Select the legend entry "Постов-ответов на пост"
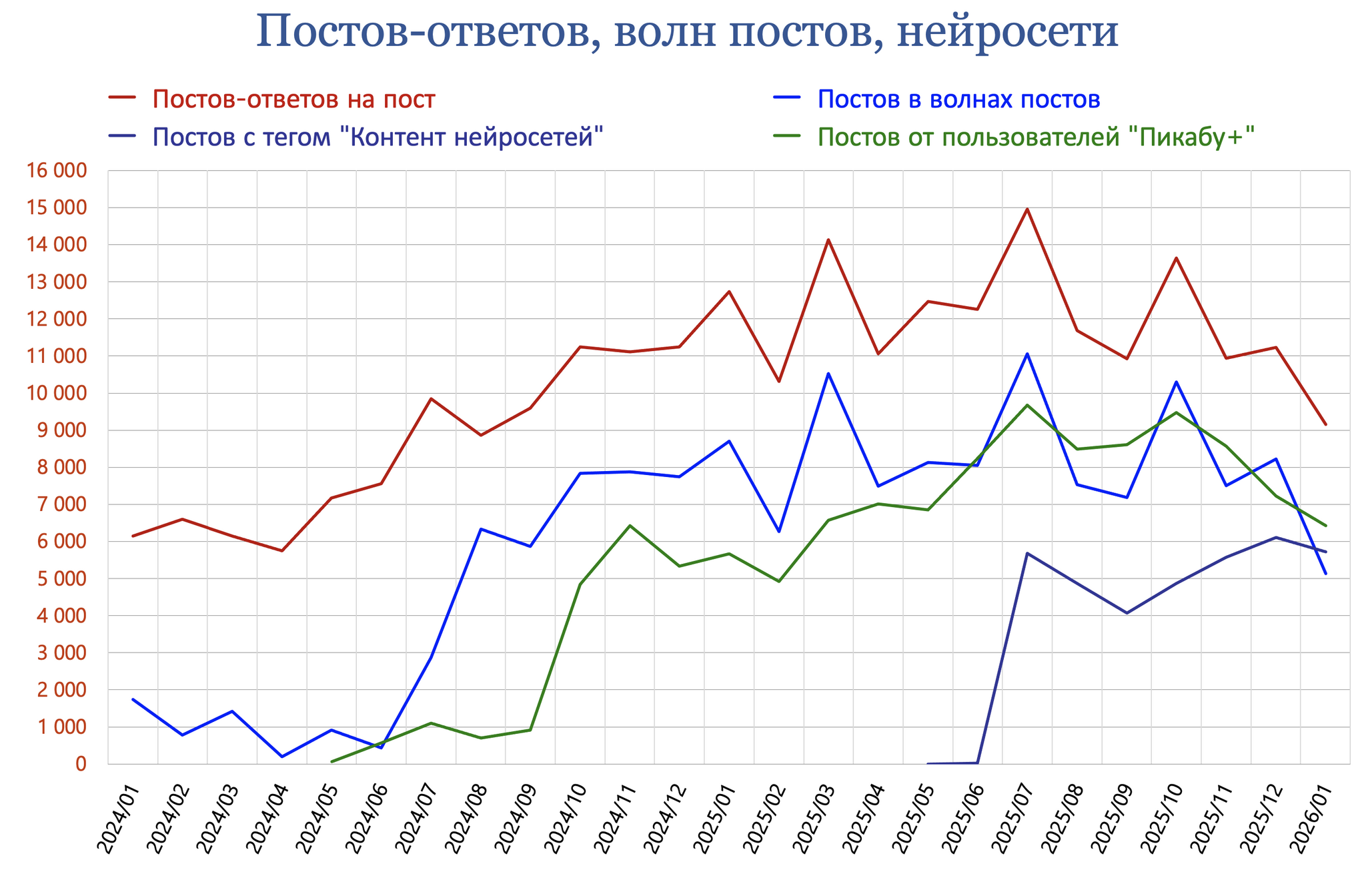pos(293,99)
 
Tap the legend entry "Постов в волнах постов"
pos(958,99)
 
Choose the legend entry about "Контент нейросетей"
pos(378,137)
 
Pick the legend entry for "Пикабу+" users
pos(1037,137)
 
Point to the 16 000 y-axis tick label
pos(56,171)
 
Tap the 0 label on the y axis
pos(81,764)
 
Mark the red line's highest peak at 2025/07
pos(1027,209)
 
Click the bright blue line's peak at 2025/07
pos(1027,354)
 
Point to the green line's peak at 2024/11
pos(630,526)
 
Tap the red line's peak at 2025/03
pos(828,240)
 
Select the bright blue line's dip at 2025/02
pos(778,532)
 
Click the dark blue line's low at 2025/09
pos(1127,613)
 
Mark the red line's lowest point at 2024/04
pos(281,551)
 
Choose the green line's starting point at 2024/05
pos(331,762)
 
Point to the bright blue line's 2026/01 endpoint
pos(1325,574)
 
